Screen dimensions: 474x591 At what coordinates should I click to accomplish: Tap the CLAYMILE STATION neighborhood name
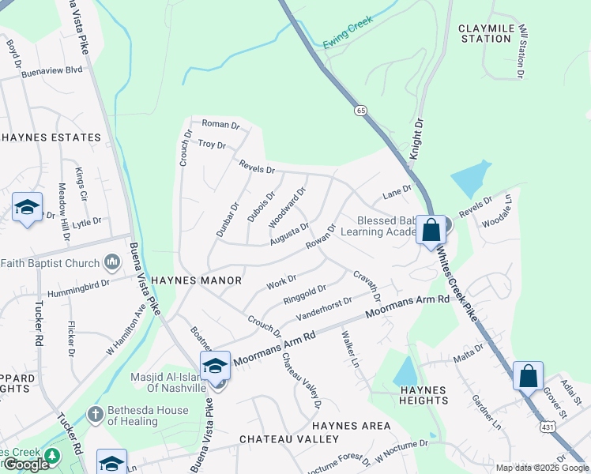[485, 33]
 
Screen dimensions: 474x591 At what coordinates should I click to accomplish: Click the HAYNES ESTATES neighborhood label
[51, 137]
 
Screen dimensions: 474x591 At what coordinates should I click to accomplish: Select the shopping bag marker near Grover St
[528, 375]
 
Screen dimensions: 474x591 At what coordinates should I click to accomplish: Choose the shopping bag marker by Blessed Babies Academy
[431, 230]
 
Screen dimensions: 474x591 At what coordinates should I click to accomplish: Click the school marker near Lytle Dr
[27, 208]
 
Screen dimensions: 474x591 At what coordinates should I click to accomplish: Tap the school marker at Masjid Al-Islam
[215, 365]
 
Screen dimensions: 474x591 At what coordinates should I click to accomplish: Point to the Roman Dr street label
[220, 124]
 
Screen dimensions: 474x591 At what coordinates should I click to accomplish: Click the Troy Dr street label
[212, 145]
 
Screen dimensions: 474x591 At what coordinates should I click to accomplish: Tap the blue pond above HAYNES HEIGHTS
[405, 369]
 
